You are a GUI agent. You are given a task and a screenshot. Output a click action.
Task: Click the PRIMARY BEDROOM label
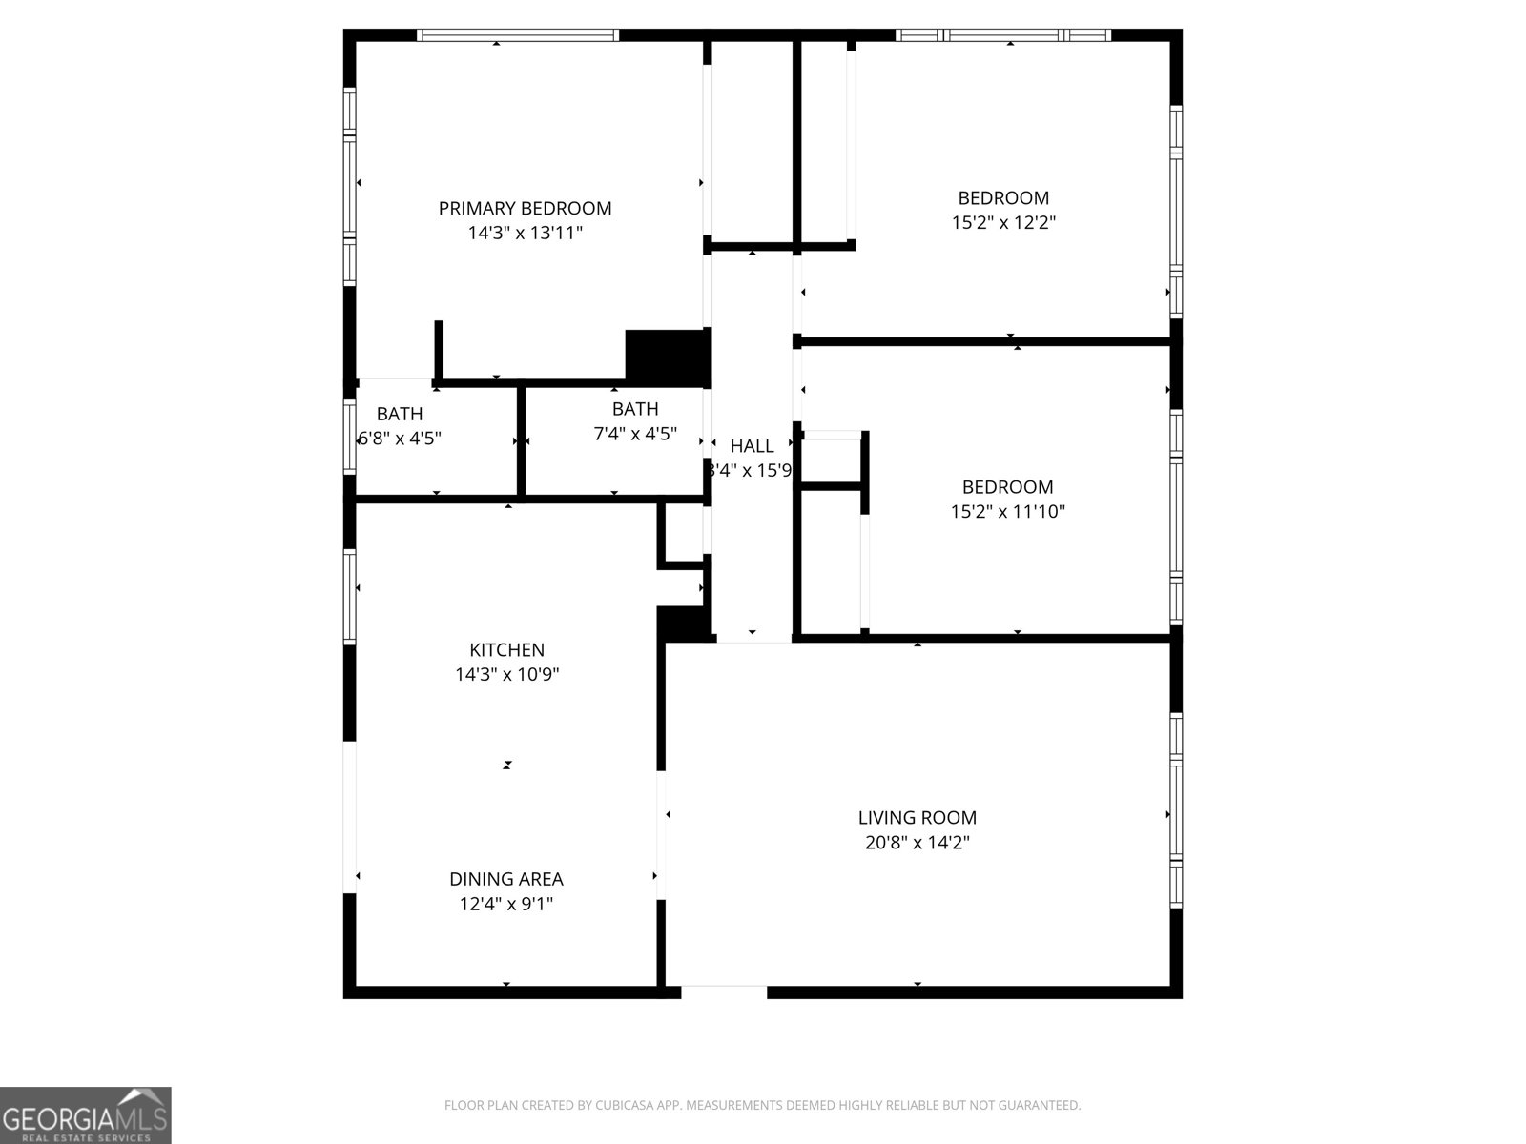pyautogui.click(x=525, y=208)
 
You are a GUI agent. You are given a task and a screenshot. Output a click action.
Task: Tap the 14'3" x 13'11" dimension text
pyautogui.click(x=525, y=233)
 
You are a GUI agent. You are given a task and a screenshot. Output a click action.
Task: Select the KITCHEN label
pyautogui.click(x=506, y=650)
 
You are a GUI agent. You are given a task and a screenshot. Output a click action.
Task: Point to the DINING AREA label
pyautogui.click(x=506, y=879)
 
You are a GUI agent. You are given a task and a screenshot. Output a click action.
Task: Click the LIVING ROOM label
pyautogui.click(x=917, y=817)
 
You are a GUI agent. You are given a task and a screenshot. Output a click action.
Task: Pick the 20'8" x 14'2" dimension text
pyautogui.click(x=917, y=843)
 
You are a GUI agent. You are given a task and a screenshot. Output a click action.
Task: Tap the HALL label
pyautogui.click(x=752, y=445)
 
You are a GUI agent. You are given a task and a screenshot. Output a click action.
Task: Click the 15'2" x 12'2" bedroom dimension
pyautogui.click(x=1003, y=223)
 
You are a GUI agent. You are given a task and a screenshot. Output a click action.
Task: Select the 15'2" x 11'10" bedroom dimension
pyautogui.click(x=1007, y=512)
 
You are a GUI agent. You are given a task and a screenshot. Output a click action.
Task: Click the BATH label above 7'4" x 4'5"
pyautogui.click(x=635, y=409)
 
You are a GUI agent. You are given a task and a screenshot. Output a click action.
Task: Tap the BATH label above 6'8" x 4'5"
pyautogui.click(x=400, y=414)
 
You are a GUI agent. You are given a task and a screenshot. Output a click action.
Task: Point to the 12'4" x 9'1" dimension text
pyautogui.click(x=506, y=904)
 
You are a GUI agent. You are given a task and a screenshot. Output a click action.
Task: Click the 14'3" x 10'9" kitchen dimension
pyautogui.click(x=506, y=675)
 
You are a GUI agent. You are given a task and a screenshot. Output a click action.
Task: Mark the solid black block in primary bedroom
pyautogui.click(x=668, y=356)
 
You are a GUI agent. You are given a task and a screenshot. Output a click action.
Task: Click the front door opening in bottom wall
pyautogui.click(x=724, y=992)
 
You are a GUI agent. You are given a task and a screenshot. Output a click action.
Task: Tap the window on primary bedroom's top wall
pyautogui.click(x=518, y=35)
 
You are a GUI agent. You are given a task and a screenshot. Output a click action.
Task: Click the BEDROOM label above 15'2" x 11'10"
pyautogui.click(x=1007, y=487)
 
